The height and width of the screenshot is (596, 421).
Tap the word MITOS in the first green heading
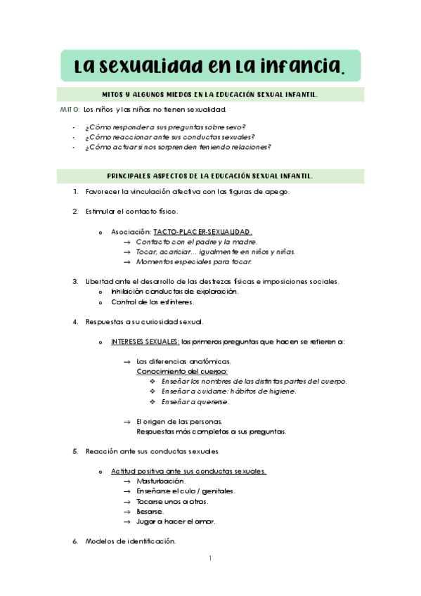[x=115, y=94]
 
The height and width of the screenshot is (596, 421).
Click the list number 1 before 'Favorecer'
[x=75, y=192]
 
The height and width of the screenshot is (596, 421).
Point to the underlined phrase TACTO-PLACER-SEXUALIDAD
[x=202, y=231]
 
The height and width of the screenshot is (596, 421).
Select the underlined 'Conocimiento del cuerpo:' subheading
[x=181, y=371]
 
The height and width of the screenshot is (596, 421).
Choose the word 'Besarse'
[x=150, y=512]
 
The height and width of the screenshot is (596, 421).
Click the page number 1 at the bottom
[x=210, y=559]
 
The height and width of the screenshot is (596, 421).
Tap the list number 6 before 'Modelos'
[x=75, y=542]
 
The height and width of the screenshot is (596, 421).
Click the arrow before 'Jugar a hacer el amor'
[x=127, y=522]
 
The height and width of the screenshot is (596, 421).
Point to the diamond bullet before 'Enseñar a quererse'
[x=153, y=402]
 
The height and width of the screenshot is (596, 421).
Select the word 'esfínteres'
[x=176, y=302]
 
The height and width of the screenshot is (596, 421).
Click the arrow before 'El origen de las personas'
[x=127, y=422]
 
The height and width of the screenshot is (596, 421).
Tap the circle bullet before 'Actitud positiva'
[x=101, y=472]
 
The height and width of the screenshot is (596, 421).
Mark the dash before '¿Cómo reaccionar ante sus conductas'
[x=74, y=137]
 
